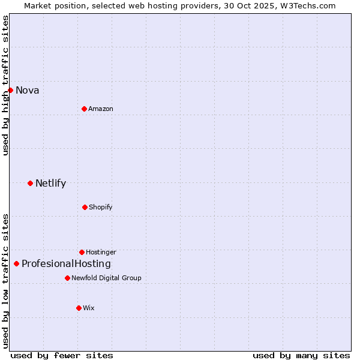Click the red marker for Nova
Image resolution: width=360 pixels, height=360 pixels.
pos(10,90)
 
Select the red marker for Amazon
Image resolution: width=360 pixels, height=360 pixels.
pos(84,109)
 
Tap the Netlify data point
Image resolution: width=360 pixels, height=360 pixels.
pos(30,183)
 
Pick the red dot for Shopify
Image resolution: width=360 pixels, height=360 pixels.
pos(85,207)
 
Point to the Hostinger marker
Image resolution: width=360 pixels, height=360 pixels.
pos(82,252)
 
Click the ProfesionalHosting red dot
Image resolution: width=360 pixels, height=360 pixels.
pos(16,263)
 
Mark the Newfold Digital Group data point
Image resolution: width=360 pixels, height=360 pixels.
pos(67,278)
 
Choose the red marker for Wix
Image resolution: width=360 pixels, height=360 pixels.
pos(79,308)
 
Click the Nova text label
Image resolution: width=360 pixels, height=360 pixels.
pos(28,91)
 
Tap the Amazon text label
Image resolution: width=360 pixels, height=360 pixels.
pos(101,109)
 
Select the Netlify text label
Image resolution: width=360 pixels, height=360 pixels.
pos(50,184)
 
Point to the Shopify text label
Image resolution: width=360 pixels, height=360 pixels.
pos(101,207)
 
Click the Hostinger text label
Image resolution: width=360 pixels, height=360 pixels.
pos(101,252)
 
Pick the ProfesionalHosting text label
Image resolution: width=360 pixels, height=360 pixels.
pos(66,264)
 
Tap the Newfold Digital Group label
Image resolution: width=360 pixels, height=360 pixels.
pos(106,278)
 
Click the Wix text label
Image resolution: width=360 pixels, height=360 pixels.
pos(89,308)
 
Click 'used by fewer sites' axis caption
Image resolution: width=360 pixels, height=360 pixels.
pos(62,355)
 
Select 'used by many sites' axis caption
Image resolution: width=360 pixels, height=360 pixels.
pos(301,355)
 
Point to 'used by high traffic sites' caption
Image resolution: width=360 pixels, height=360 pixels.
pos(5,85)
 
